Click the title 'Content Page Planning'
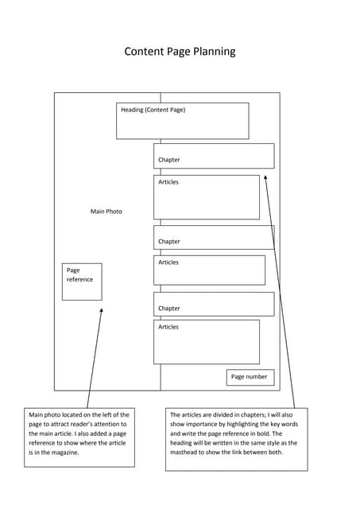[180, 52]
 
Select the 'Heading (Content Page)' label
[153, 110]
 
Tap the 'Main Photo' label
[106, 212]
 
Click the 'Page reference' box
[82, 282]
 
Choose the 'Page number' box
[250, 376]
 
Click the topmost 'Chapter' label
[168, 160]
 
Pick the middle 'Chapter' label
[168, 242]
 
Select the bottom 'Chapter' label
[168, 309]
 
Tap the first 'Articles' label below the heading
[168, 182]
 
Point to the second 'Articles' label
[168, 262]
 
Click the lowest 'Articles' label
[168, 327]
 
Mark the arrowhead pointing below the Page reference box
[101, 313]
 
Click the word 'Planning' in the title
[211, 52]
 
